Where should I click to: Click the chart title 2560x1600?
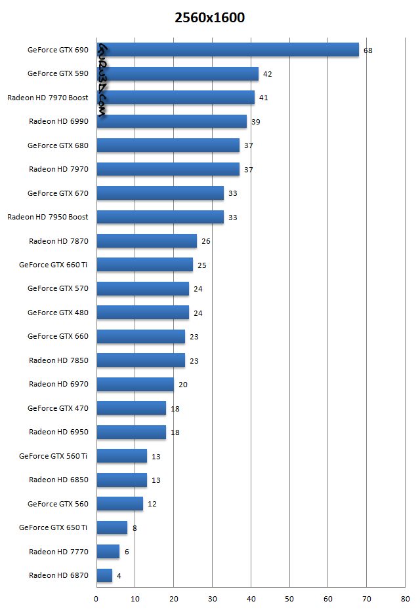[x=209, y=18]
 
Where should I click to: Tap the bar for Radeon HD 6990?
[x=171, y=121]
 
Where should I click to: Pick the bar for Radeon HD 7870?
[x=146, y=241]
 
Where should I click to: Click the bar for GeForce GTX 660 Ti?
[x=144, y=265]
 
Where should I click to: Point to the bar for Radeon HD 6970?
[x=135, y=384]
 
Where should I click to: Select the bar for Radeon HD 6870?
[x=104, y=575]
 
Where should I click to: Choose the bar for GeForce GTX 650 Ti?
[x=112, y=527]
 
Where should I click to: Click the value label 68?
[x=367, y=50]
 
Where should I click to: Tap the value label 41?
[x=263, y=98]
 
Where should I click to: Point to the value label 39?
[x=255, y=122]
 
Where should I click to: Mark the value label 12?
[x=152, y=504]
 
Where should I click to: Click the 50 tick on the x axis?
[x=289, y=599]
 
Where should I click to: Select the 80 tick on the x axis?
[x=405, y=599]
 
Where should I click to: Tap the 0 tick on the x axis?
[x=96, y=599]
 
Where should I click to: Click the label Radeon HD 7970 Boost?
[x=48, y=98]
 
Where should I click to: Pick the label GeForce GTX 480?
[x=58, y=313]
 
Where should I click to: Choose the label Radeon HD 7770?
[x=58, y=552]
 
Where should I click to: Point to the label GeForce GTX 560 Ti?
[x=54, y=456]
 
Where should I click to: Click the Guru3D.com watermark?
[x=103, y=79]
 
